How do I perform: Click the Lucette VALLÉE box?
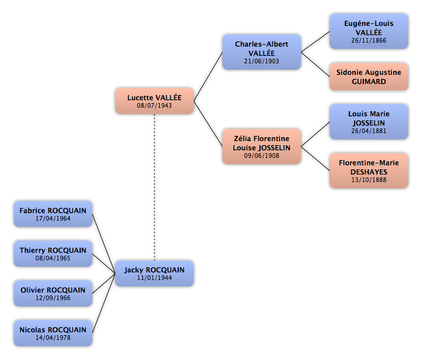tap(155, 101)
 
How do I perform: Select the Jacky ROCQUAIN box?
tap(155, 273)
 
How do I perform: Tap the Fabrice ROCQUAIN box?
tap(53, 214)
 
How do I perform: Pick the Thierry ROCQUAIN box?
tap(53, 253)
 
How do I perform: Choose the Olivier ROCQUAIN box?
tap(53, 293)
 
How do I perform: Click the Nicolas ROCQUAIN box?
tap(53, 333)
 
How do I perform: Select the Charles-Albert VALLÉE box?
tap(262, 52)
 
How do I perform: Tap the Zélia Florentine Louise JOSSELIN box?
tap(262, 146)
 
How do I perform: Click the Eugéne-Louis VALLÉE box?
tap(369, 32)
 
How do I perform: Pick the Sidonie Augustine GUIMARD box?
tap(369, 77)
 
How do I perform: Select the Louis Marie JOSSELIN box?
tap(369, 122)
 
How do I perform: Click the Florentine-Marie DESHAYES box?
tap(369, 170)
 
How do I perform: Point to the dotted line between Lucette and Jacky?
tap(155, 187)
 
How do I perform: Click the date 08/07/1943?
tap(154, 105)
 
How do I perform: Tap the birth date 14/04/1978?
tap(53, 338)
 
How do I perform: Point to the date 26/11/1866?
tap(369, 40)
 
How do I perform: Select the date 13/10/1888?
tap(369, 180)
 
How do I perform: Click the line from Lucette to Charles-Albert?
tap(208, 77)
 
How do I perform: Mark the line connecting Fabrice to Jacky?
tap(104, 244)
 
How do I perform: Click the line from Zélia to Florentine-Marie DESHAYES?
tap(315, 158)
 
